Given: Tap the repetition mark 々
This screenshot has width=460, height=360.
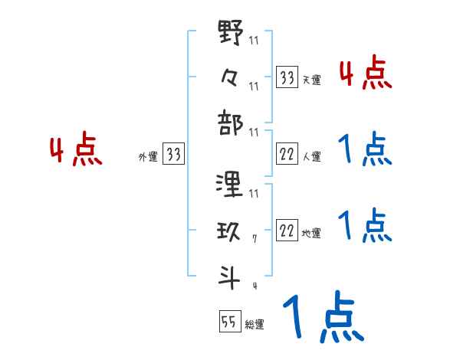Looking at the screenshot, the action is point(231,78).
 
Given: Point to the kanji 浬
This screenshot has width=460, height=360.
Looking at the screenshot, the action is point(231,185).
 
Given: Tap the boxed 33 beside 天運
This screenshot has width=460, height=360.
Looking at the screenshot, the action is point(287,77).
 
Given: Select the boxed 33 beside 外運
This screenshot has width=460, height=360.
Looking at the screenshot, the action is point(173,155).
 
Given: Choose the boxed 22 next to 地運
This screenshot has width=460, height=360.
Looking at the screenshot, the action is point(287,231).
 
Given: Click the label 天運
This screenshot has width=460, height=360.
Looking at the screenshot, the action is point(311,80).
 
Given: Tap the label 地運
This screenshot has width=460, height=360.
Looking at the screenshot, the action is point(311,233).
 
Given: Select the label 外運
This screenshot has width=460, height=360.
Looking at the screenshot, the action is point(147,157).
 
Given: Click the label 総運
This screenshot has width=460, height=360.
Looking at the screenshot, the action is point(255,325).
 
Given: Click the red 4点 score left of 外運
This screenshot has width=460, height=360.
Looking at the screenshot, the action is point(74,150).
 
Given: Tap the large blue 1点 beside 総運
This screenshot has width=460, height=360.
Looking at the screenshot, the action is point(321,318).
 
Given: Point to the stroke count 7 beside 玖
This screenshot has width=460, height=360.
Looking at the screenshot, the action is point(253,239).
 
